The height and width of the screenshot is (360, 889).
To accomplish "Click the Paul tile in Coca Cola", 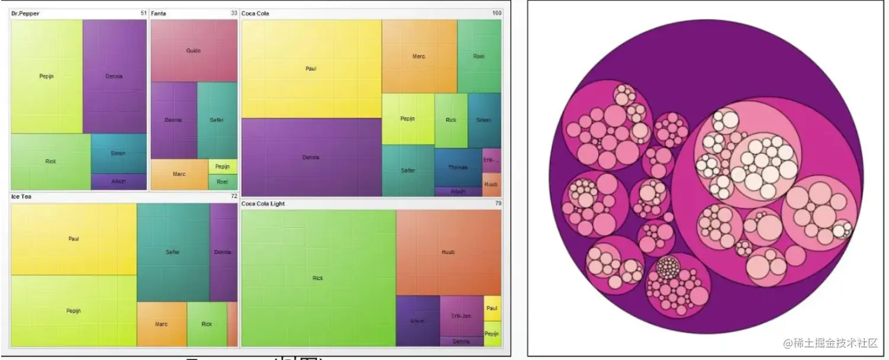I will (x=311, y=69).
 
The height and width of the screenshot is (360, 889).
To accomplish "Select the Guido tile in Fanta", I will (x=194, y=51).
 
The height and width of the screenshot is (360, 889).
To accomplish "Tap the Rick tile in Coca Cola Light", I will (x=318, y=278).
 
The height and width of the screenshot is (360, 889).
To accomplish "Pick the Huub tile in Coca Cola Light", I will (x=448, y=252).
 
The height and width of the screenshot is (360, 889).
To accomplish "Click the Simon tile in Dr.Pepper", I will (x=118, y=153).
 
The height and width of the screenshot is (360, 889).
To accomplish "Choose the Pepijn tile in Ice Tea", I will (x=73, y=311).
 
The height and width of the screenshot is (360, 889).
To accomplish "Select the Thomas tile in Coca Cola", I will (x=458, y=168).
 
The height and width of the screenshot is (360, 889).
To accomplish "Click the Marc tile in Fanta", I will (x=179, y=174).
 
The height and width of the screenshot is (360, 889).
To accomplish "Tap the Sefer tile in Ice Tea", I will (x=173, y=252).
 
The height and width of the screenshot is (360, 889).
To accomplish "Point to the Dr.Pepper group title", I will (x=25, y=13).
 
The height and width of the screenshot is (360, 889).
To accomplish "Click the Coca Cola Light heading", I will (x=263, y=204).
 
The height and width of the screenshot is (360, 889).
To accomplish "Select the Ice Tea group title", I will (x=21, y=196).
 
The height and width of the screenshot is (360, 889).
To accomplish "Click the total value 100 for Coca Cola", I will (x=497, y=13).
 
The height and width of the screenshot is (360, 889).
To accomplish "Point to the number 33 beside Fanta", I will (x=234, y=13).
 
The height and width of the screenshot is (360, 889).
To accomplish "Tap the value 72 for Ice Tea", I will (x=234, y=196).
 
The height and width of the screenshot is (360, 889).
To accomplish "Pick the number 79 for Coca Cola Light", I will (x=498, y=204).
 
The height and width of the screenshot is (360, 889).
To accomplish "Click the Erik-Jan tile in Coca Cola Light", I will (x=461, y=316).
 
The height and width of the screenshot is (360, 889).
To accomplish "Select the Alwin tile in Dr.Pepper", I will (x=118, y=181).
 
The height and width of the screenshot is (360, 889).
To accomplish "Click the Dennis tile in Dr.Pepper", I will (x=114, y=76).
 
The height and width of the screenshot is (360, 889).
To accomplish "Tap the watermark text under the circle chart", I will (x=830, y=343).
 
